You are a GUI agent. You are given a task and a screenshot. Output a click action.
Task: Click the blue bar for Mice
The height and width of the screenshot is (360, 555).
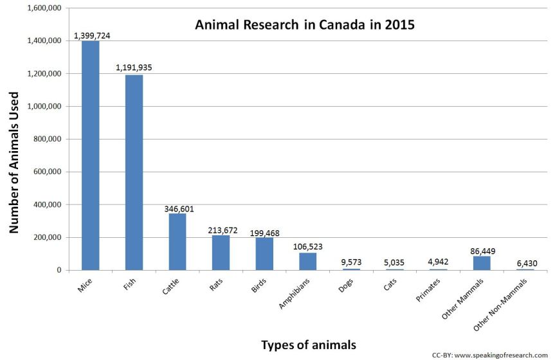(x=90, y=154)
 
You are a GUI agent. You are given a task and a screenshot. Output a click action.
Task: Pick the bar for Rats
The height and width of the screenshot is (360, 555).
(x=221, y=253)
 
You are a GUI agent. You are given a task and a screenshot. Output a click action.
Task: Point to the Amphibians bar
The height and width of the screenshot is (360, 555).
(x=307, y=262)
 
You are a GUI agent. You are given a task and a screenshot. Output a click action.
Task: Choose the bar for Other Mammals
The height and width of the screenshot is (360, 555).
(x=482, y=263)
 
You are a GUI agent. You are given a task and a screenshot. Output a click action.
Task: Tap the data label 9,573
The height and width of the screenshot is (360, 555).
(x=352, y=262)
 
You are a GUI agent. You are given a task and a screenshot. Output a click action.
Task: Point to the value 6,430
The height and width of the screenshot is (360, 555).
(x=525, y=263)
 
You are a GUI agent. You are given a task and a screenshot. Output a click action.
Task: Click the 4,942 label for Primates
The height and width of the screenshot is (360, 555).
(x=439, y=262)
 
